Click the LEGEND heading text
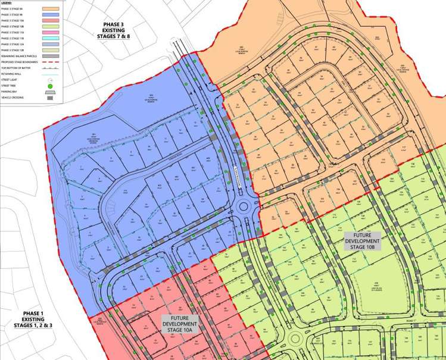[x=7, y=2]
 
